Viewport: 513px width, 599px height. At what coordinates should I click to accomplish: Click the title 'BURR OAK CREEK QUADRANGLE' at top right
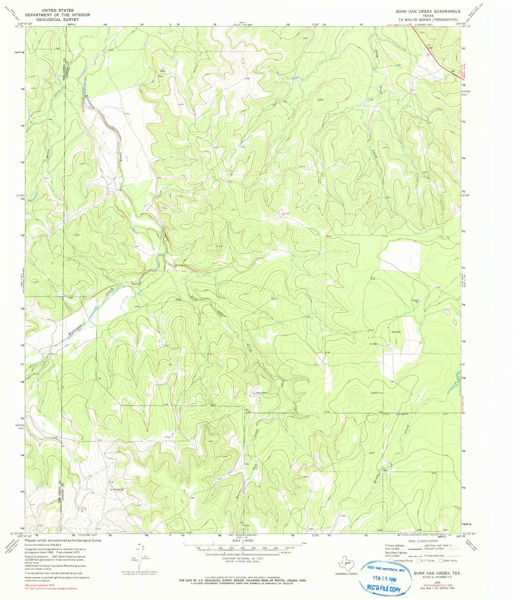(428, 11)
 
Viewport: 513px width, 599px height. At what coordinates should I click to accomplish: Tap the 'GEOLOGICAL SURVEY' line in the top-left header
(58, 20)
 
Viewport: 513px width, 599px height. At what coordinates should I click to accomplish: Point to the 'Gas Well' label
(396, 332)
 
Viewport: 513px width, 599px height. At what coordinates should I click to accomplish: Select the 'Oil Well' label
(373, 344)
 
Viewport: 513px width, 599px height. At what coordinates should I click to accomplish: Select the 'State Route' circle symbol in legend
(441, 561)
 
